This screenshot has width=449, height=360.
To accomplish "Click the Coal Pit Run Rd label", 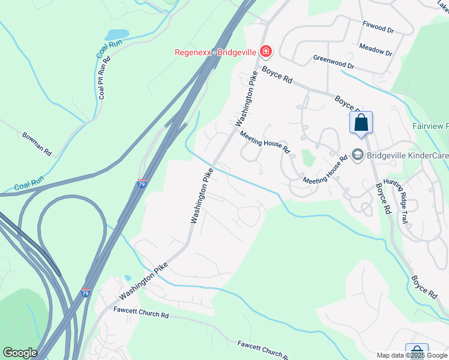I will click(104, 77).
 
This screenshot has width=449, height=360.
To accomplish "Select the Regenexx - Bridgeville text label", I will click(215, 52).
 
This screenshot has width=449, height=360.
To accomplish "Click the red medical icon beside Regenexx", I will click(265, 53).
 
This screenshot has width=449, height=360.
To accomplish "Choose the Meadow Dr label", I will click(375, 49).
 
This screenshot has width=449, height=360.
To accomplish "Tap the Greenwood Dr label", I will click(334, 62).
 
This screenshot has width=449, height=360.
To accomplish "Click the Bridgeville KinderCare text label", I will click(408, 155).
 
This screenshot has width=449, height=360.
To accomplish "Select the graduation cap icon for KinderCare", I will click(358, 155).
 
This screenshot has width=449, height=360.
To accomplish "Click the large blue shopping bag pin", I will click(361, 122).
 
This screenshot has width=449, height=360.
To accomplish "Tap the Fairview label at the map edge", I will click(430, 127).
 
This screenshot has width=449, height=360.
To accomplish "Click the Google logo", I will click(20, 353).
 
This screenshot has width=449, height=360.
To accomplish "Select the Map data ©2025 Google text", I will click(411, 355).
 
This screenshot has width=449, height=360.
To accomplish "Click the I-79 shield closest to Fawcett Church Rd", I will click(86, 293).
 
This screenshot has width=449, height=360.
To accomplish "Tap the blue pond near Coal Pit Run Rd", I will click(117, 34).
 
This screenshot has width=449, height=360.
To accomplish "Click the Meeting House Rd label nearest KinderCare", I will click(325, 171).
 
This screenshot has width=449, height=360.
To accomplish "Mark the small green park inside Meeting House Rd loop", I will click(308, 158).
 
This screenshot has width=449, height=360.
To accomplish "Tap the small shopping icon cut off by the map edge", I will click(417, 352).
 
